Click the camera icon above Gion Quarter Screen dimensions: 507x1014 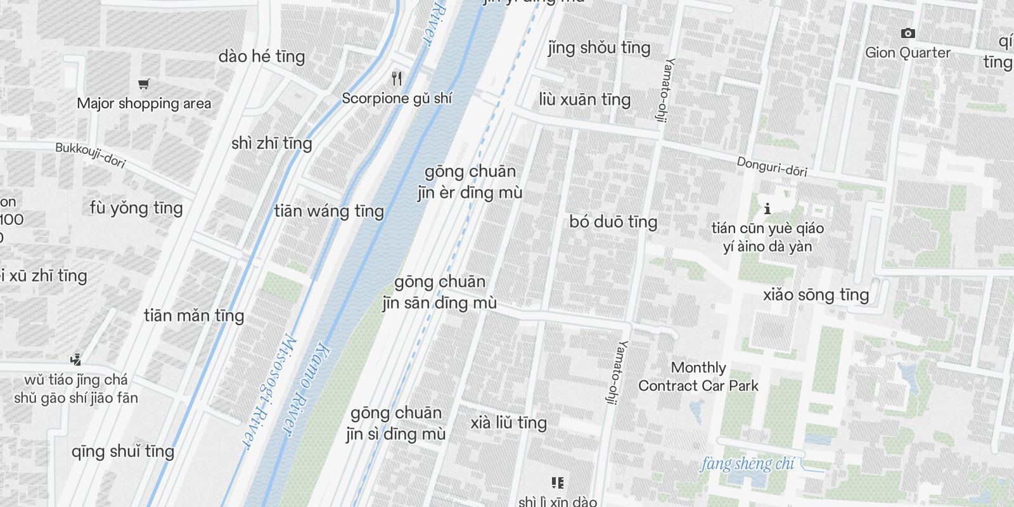click(x=908, y=33)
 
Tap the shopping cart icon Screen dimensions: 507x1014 click(x=144, y=84)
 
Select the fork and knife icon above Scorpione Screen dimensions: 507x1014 click(x=397, y=79)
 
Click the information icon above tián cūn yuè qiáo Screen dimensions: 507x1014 click(x=767, y=208)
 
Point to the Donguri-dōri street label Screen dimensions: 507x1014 click(x=772, y=167)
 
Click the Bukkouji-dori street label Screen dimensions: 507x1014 click(x=90, y=155)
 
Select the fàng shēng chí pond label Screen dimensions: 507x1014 click(x=747, y=464)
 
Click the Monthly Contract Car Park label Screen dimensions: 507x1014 click(x=698, y=376)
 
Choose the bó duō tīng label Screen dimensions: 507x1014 click(x=613, y=222)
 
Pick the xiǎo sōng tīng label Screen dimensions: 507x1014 click(x=816, y=295)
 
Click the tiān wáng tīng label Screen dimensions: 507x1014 click(x=329, y=211)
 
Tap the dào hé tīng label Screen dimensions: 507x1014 click(x=262, y=56)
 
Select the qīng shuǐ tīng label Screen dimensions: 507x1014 click(x=123, y=451)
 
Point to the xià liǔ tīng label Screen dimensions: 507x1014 click(x=508, y=423)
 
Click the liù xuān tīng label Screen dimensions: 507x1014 click(x=584, y=99)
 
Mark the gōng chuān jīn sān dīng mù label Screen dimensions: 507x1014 click(x=439, y=292)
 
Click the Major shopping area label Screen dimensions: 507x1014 click(x=144, y=103)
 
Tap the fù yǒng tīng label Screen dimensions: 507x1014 click(x=136, y=208)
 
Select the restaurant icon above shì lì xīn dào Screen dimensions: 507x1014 click(x=558, y=483)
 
